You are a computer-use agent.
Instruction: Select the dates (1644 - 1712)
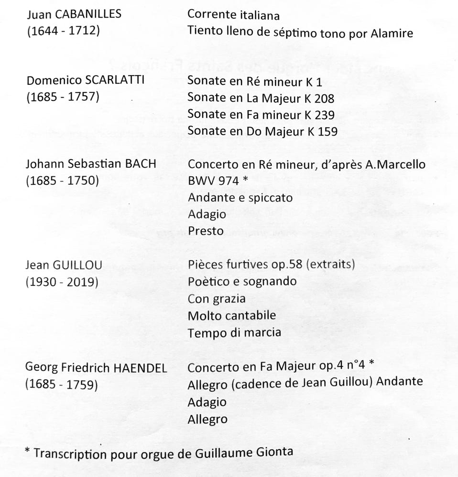click(x=63, y=31)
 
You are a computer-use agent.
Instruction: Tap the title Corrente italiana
click(x=233, y=15)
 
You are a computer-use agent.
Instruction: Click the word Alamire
click(x=391, y=33)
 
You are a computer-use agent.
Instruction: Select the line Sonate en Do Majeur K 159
click(x=262, y=131)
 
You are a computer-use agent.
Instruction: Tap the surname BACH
click(x=140, y=163)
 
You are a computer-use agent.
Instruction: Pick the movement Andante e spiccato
click(x=240, y=198)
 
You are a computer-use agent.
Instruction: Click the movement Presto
click(x=206, y=231)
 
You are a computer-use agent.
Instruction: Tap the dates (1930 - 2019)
click(x=62, y=282)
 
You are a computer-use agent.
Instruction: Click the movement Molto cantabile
click(x=232, y=316)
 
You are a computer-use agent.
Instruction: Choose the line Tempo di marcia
click(x=234, y=332)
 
